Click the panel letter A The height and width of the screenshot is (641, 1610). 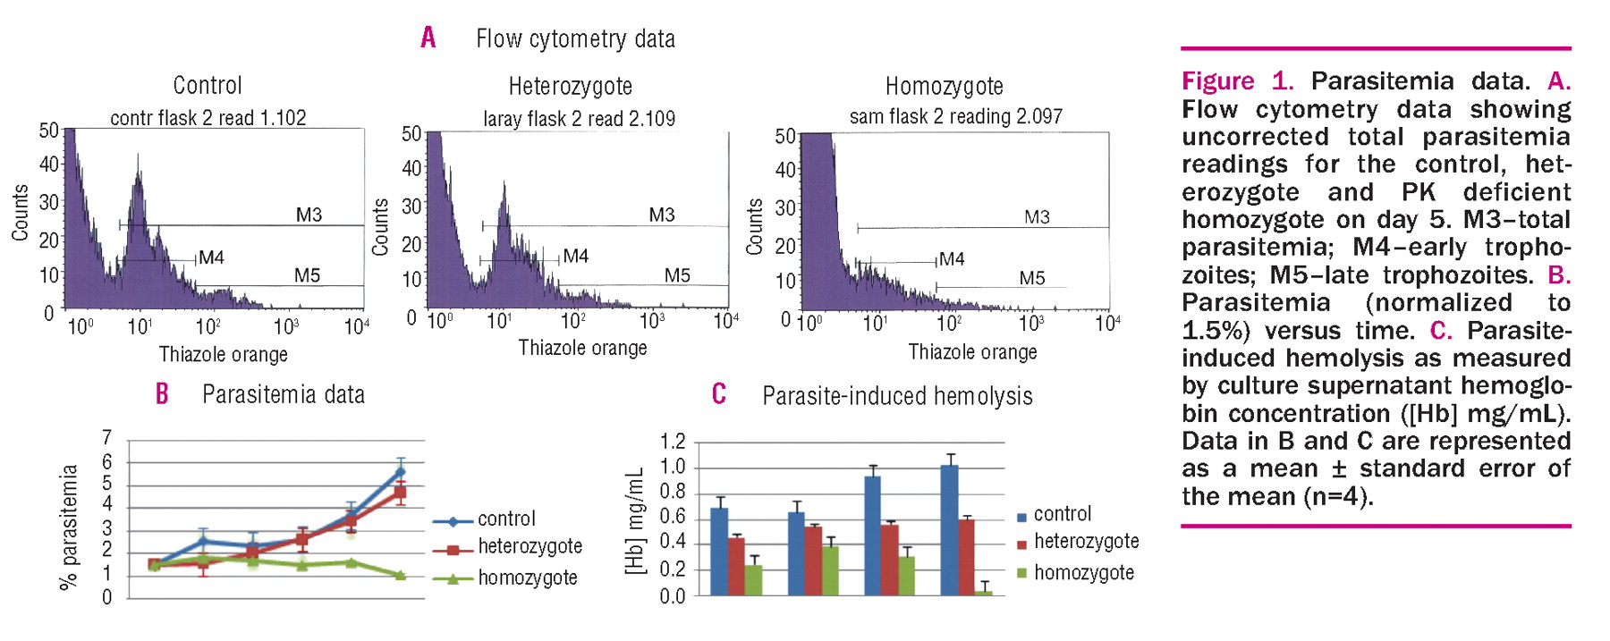click(x=428, y=38)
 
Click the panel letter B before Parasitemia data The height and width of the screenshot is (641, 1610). click(x=162, y=393)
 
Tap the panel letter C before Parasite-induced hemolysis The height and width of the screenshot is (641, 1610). click(x=719, y=394)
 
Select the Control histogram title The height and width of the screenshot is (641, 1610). click(x=208, y=86)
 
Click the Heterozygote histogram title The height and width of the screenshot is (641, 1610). click(x=571, y=87)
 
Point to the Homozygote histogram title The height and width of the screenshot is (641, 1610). click(x=945, y=87)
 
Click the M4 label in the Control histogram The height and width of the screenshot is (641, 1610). click(x=212, y=257)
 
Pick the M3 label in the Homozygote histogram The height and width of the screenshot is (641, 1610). click(x=1037, y=216)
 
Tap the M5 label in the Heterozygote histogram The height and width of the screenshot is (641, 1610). click(x=677, y=275)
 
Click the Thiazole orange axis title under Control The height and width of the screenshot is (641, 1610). click(x=224, y=354)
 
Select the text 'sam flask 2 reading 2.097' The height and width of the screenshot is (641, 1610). click(x=956, y=116)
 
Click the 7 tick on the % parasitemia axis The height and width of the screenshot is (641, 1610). click(x=107, y=437)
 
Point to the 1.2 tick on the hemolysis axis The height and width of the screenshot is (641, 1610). click(x=673, y=441)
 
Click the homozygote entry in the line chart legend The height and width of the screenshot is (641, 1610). click(x=528, y=578)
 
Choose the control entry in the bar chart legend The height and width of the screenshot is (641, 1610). click(x=1063, y=514)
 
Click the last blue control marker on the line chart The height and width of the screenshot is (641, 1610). click(x=400, y=471)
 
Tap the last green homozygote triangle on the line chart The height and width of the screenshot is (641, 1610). click(x=400, y=575)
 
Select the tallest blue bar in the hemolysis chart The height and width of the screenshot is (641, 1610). click(x=949, y=529)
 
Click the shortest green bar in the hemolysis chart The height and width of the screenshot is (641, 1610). click(x=983, y=593)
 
